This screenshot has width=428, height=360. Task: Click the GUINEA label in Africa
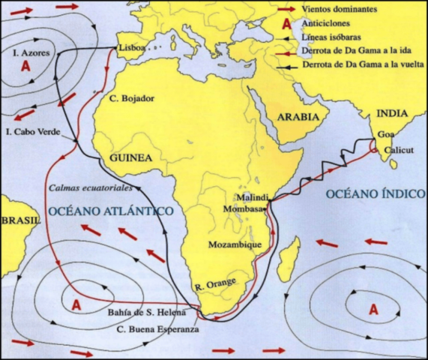tap(131, 158)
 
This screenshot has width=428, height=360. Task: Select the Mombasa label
tap(246, 199)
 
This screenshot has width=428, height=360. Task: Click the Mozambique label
tap(236, 244)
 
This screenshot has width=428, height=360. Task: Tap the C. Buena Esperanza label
tap(163, 329)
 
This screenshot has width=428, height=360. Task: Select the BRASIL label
tap(20, 221)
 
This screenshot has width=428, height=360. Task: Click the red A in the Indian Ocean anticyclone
tap(373, 308)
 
